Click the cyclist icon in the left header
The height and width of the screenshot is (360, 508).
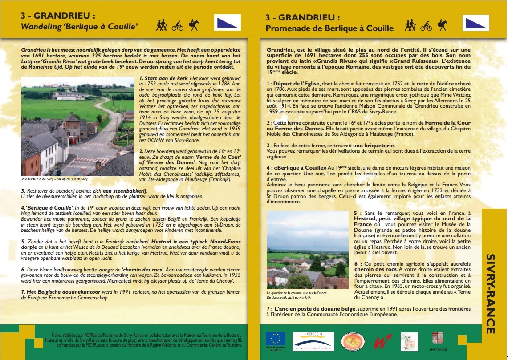pyautogui.click(x=177, y=25)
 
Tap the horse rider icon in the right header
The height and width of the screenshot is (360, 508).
pyautogui.click(x=442, y=25)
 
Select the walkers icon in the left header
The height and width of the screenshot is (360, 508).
pyautogui.click(x=162, y=25)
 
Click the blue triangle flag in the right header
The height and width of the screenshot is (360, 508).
pyautogui.click(x=476, y=23)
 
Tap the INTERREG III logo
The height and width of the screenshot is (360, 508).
pyautogui.click(x=314, y=341)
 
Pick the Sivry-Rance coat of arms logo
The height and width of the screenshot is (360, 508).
pyautogui.click(x=438, y=340)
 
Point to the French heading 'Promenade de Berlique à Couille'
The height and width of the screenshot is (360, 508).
pyautogui.click(x=329, y=28)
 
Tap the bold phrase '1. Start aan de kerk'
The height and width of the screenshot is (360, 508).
pyautogui.click(x=163, y=78)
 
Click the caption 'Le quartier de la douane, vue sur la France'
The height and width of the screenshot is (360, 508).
pyautogui.click(x=297, y=293)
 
